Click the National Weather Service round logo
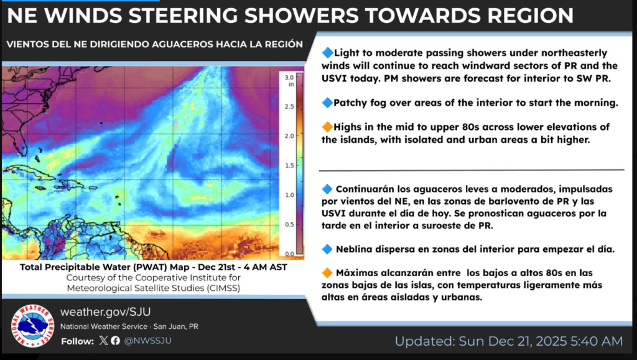coord(32,326)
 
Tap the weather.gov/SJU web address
coord(106,312)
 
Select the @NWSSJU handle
coord(147,341)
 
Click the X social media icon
coord(103,340)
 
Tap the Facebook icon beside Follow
coord(115,340)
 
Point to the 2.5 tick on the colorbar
coord(289,106)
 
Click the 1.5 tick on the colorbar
coord(289,165)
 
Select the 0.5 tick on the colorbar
coord(289,224)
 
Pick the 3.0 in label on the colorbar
coord(289,80)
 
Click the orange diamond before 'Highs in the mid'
coord(327,127)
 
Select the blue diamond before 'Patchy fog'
coord(327,103)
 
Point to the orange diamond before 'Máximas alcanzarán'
coord(327,273)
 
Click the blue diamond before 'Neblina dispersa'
coord(327,249)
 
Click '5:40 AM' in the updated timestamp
coord(597,341)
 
